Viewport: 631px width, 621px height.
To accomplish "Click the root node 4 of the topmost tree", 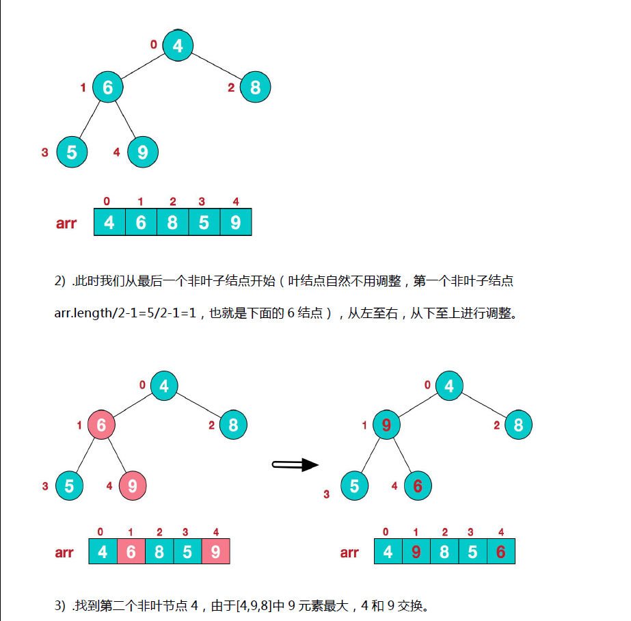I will [178, 46].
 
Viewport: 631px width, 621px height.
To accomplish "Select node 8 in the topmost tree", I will [255, 88].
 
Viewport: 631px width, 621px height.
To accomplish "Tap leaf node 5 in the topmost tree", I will [72, 152].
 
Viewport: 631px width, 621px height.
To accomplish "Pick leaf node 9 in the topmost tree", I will [142, 152].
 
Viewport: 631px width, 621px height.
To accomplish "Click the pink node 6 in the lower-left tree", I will [101, 425].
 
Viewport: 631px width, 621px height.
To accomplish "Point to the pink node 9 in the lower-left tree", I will [133, 486].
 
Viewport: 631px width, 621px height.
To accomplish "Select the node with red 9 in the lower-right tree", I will [386, 425].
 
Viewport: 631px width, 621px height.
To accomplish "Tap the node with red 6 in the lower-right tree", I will [418, 486].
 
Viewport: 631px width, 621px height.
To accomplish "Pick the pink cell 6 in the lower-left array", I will [131, 551].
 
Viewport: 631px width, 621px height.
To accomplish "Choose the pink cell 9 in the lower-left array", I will [215, 551].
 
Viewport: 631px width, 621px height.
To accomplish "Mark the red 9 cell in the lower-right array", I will [416, 551].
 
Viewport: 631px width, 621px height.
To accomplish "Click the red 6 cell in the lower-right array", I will [500, 551].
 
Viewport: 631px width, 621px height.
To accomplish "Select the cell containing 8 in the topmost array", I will [172, 222].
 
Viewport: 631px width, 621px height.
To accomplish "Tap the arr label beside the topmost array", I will [66, 223].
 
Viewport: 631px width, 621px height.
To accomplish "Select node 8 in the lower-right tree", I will [518, 425].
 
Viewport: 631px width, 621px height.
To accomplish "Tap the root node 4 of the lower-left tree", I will [164, 386].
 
